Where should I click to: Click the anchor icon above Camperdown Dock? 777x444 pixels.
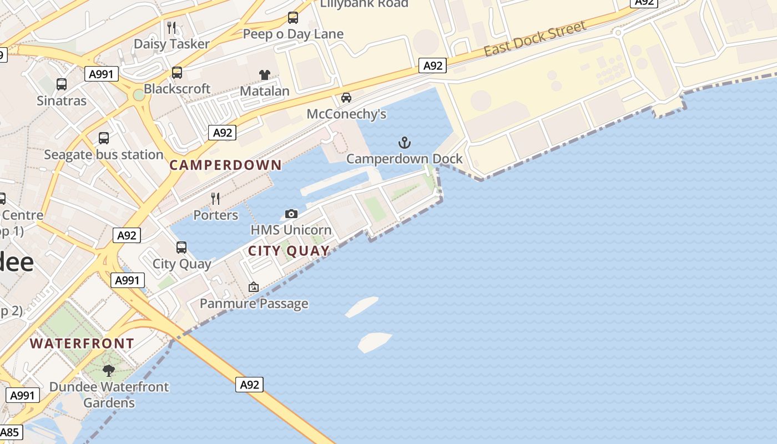click(x=405, y=143)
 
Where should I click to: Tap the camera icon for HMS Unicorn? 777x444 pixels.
click(x=291, y=214)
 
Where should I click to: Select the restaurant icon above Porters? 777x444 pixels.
click(x=215, y=198)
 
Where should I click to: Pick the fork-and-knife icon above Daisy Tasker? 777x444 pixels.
click(x=171, y=27)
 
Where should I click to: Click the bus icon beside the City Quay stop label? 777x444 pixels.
click(x=181, y=248)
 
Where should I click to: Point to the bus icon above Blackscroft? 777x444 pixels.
click(x=177, y=73)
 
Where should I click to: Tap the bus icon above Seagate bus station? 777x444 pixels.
click(x=104, y=138)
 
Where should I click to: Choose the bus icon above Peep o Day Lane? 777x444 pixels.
click(x=293, y=18)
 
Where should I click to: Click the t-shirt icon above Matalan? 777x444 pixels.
click(x=264, y=75)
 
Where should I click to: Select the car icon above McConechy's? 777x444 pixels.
click(x=346, y=98)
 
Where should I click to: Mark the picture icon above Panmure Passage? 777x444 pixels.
click(x=254, y=287)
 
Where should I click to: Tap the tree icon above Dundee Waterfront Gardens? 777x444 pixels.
click(x=109, y=370)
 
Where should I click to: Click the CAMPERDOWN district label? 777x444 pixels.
click(x=226, y=165)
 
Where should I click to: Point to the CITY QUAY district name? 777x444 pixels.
click(x=289, y=251)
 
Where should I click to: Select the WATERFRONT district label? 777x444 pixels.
click(x=82, y=344)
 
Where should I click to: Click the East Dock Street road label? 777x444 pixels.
click(x=535, y=39)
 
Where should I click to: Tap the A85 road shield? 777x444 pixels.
click(x=9, y=432)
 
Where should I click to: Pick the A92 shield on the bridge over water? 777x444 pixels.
click(x=249, y=385)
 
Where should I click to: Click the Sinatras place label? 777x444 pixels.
click(x=62, y=101)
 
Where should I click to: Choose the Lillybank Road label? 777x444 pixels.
click(x=364, y=4)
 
